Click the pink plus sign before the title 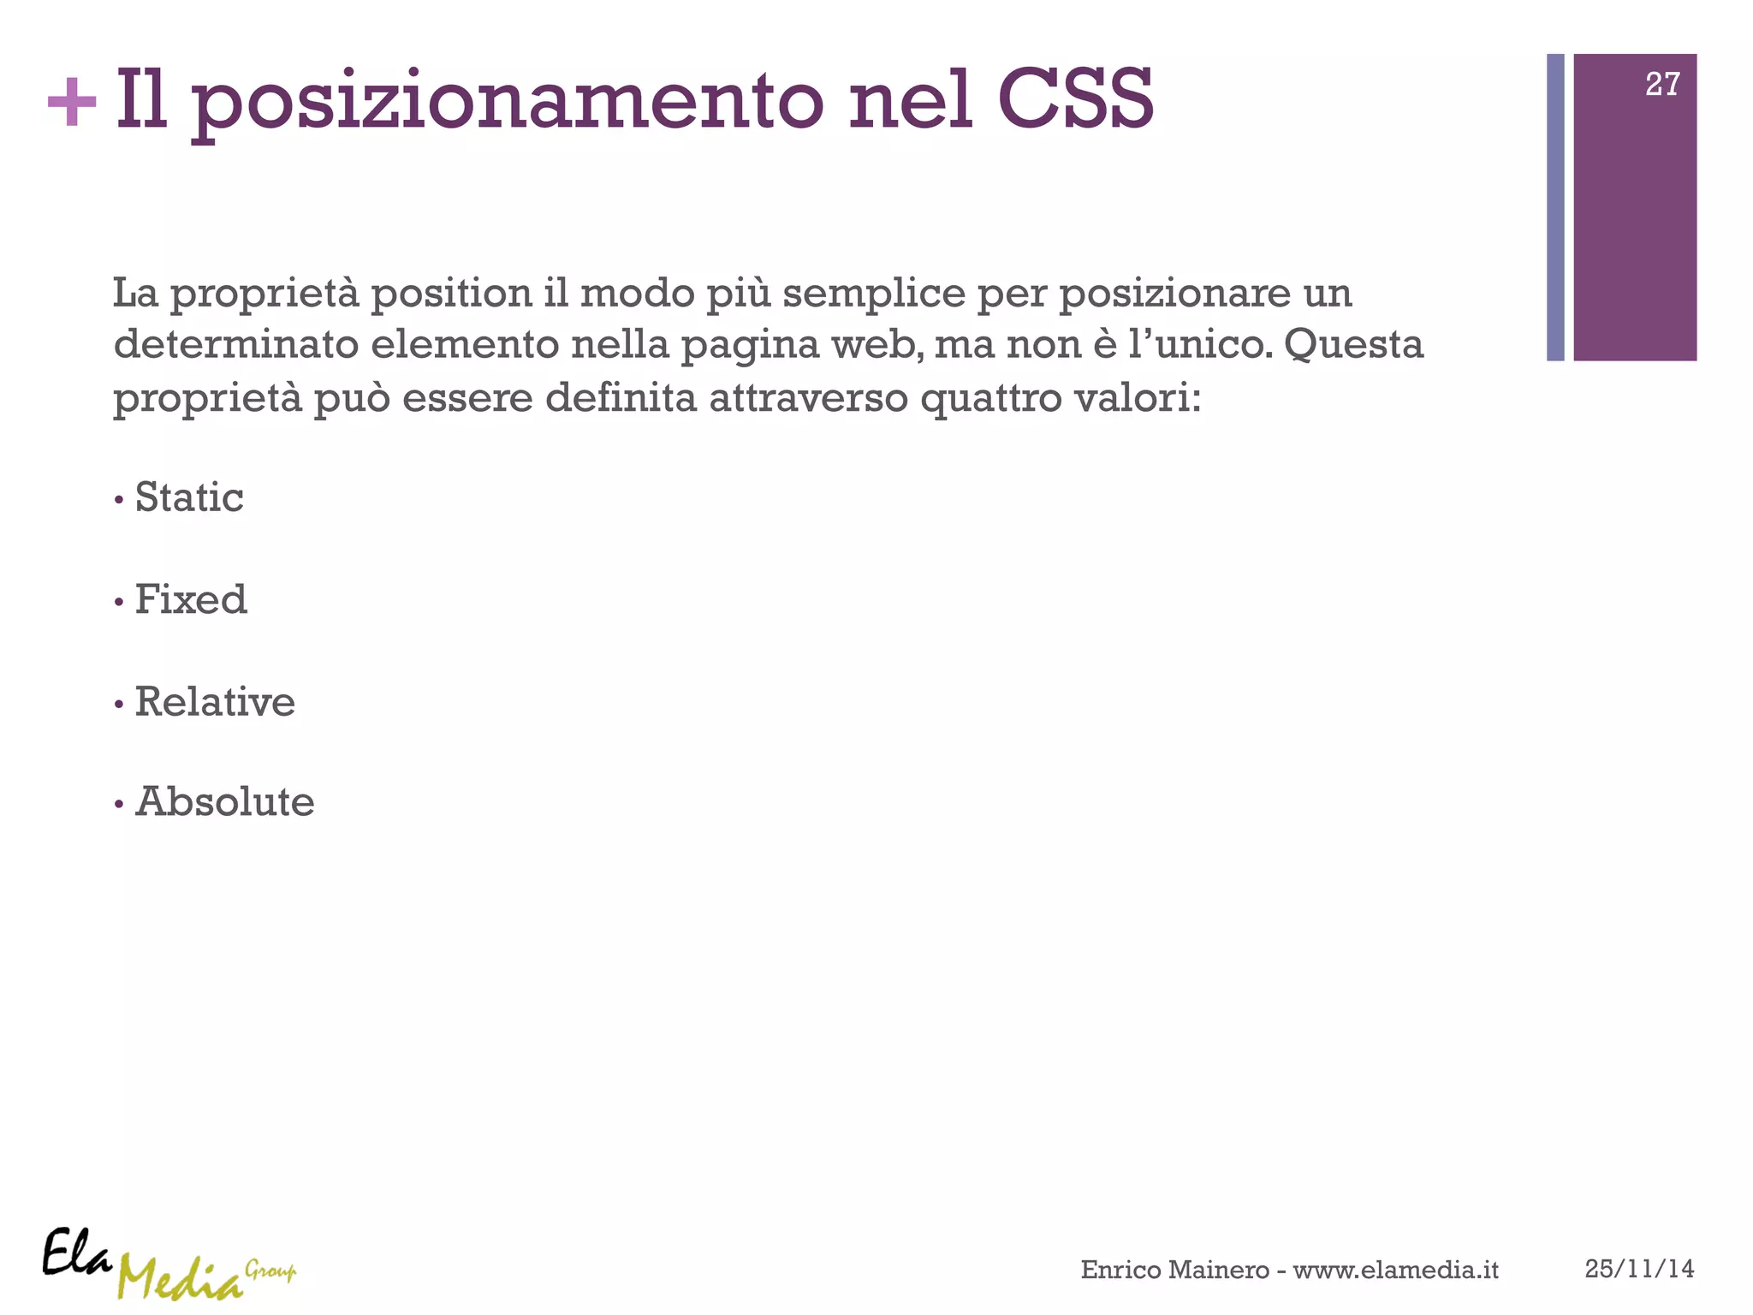(72, 103)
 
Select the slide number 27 (1661, 84)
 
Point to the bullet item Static (189, 497)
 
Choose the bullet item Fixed (191, 599)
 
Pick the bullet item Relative (215, 702)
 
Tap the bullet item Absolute (225, 802)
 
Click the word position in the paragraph (452, 294)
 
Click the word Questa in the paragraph (1353, 345)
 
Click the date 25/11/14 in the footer (1639, 1269)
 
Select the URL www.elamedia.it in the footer (1395, 1270)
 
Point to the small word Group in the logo (270, 1270)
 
